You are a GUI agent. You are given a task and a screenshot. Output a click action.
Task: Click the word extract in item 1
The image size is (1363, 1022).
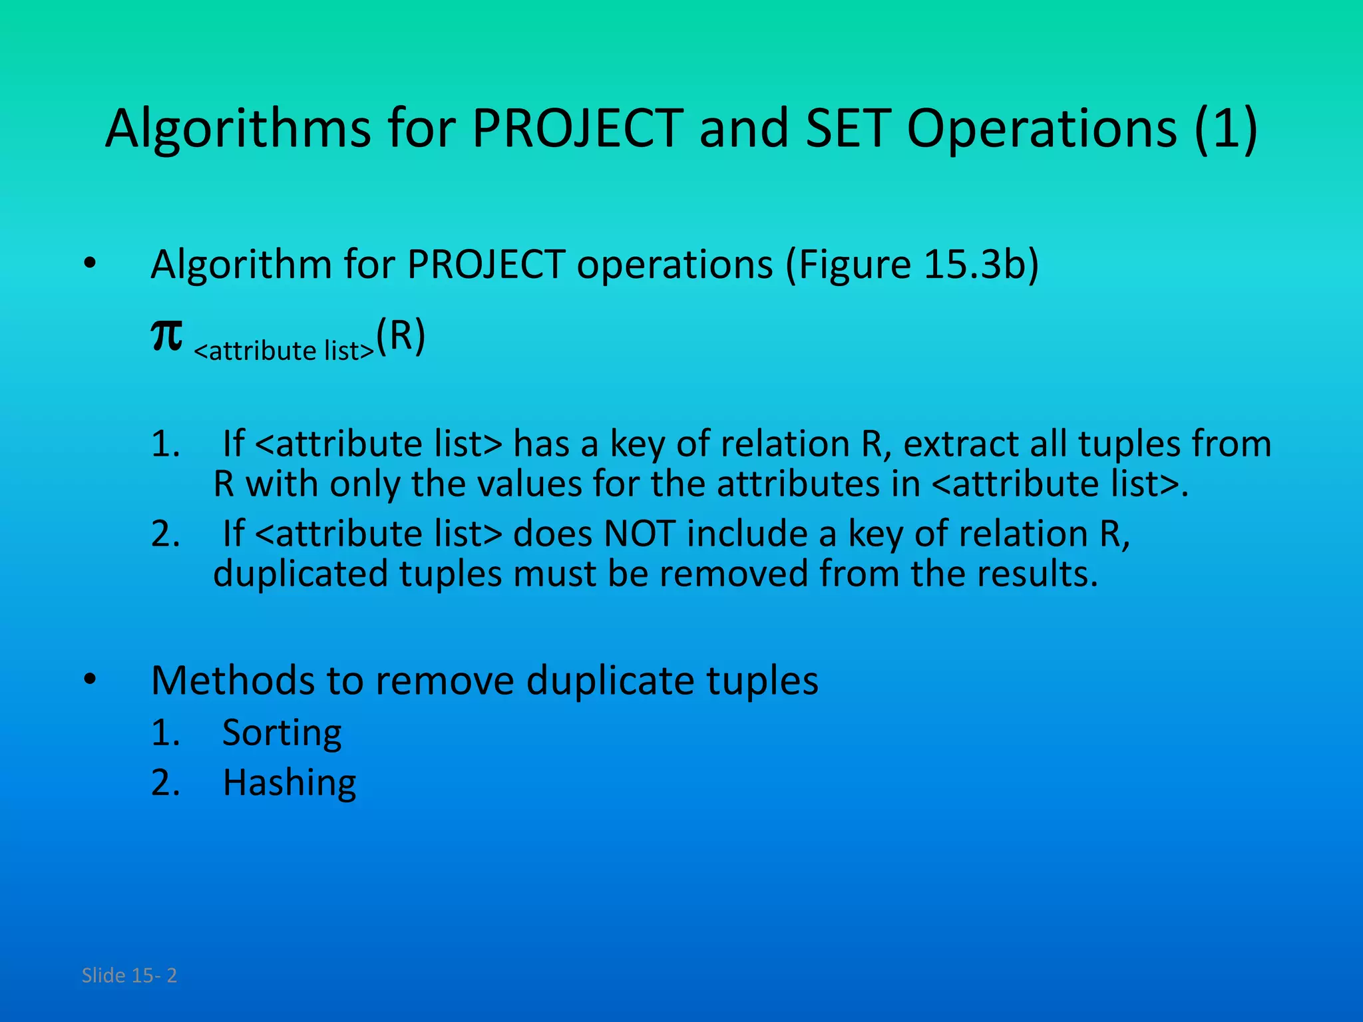point(961,444)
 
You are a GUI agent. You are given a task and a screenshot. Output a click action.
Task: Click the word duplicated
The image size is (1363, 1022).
point(300,574)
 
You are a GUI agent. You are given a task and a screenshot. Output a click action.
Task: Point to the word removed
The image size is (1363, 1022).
point(735,574)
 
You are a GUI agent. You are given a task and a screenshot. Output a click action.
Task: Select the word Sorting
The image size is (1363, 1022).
point(282,733)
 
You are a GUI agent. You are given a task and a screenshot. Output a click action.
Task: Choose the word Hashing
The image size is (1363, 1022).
point(290,782)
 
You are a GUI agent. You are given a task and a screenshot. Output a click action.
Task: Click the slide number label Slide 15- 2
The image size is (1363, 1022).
point(129,975)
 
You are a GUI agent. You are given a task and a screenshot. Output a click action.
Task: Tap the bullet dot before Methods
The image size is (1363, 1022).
point(90,680)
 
